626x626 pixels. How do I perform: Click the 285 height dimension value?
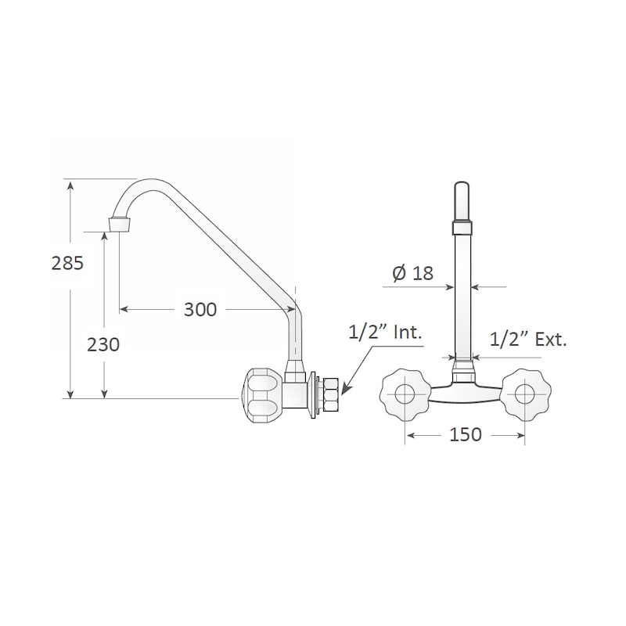pos(67,263)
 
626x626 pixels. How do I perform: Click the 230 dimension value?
pos(103,344)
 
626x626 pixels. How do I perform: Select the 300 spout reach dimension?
pos(200,309)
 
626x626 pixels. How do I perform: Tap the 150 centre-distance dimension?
pos(466,434)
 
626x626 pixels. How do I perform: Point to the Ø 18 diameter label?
pos(413,273)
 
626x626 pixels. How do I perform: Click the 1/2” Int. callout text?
pos(385,332)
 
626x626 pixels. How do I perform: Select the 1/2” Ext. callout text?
pos(528,340)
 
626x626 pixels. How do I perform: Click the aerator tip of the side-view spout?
pos(120,224)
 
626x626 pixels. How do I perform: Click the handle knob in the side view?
pos(261,393)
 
